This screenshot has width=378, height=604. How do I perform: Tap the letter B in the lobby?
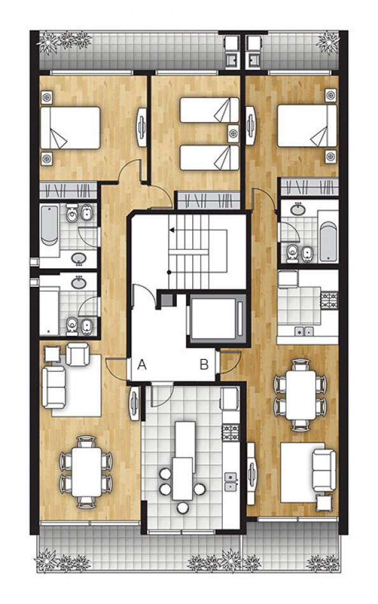point(204,365)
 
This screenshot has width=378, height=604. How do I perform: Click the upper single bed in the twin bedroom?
point(209,109)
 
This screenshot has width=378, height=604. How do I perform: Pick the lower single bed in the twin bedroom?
point(209,157)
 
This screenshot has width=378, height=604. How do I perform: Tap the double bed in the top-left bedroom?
point(70,127)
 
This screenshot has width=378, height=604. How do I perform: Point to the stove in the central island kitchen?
point(230,432)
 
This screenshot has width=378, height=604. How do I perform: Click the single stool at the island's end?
point(183,508)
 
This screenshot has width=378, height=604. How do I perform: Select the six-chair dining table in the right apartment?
point(300,394)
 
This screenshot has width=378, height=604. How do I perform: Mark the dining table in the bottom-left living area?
point(85,472)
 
